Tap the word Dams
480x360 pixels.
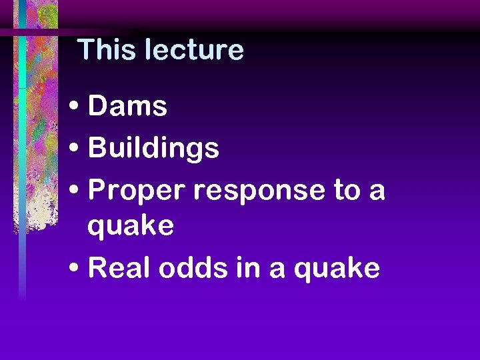click(x=127, y=106)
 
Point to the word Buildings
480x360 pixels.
click(x=153, y=149)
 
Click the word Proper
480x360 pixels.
click(x=137, y=191)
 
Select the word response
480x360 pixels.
click(x=260, y=191)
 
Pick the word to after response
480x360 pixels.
click(x=347, y=191)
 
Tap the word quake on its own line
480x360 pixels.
click(x=131, y=227)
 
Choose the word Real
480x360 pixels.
click(x=117, y=268)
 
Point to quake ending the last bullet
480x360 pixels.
click(x=337, y=270)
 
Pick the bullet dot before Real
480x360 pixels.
click(x=75, y=269)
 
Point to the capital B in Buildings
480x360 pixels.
click(x=97, y=148)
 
